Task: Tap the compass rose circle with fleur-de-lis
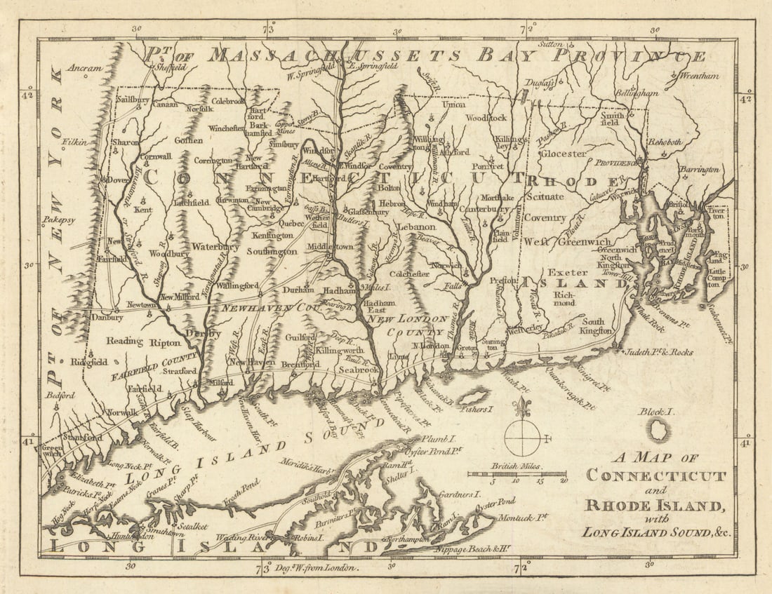(x=523, y=437)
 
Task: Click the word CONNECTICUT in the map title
(x=655, y=476)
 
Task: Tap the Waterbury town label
(x=215, y=247)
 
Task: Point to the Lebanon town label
(x=416, y=227)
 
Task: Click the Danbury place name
(x=107, y=317)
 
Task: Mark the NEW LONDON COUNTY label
(x=408, y=325)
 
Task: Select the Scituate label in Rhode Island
(x=545, y=197)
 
